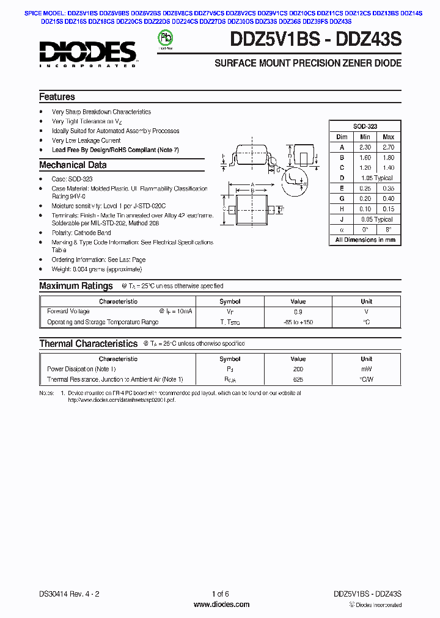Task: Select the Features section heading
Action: pos(57,97)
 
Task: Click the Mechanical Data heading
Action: pos(73,165)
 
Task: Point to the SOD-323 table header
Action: pos(365,126)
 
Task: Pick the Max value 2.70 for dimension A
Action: pos(388,147)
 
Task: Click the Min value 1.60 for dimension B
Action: pos(365,158)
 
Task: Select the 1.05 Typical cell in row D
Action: pos(376,178)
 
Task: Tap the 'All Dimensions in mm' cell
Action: pos(365,240)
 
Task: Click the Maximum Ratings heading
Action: pos(76,286)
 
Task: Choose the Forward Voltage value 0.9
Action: pos(298,311)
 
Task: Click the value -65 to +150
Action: pos(298,322)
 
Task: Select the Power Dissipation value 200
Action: pos(298,369)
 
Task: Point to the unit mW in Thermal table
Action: pos(366,369)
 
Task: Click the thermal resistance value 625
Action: pos(298,379)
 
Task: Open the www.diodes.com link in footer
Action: pos(221,605)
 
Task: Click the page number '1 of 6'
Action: pos(220,594)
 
